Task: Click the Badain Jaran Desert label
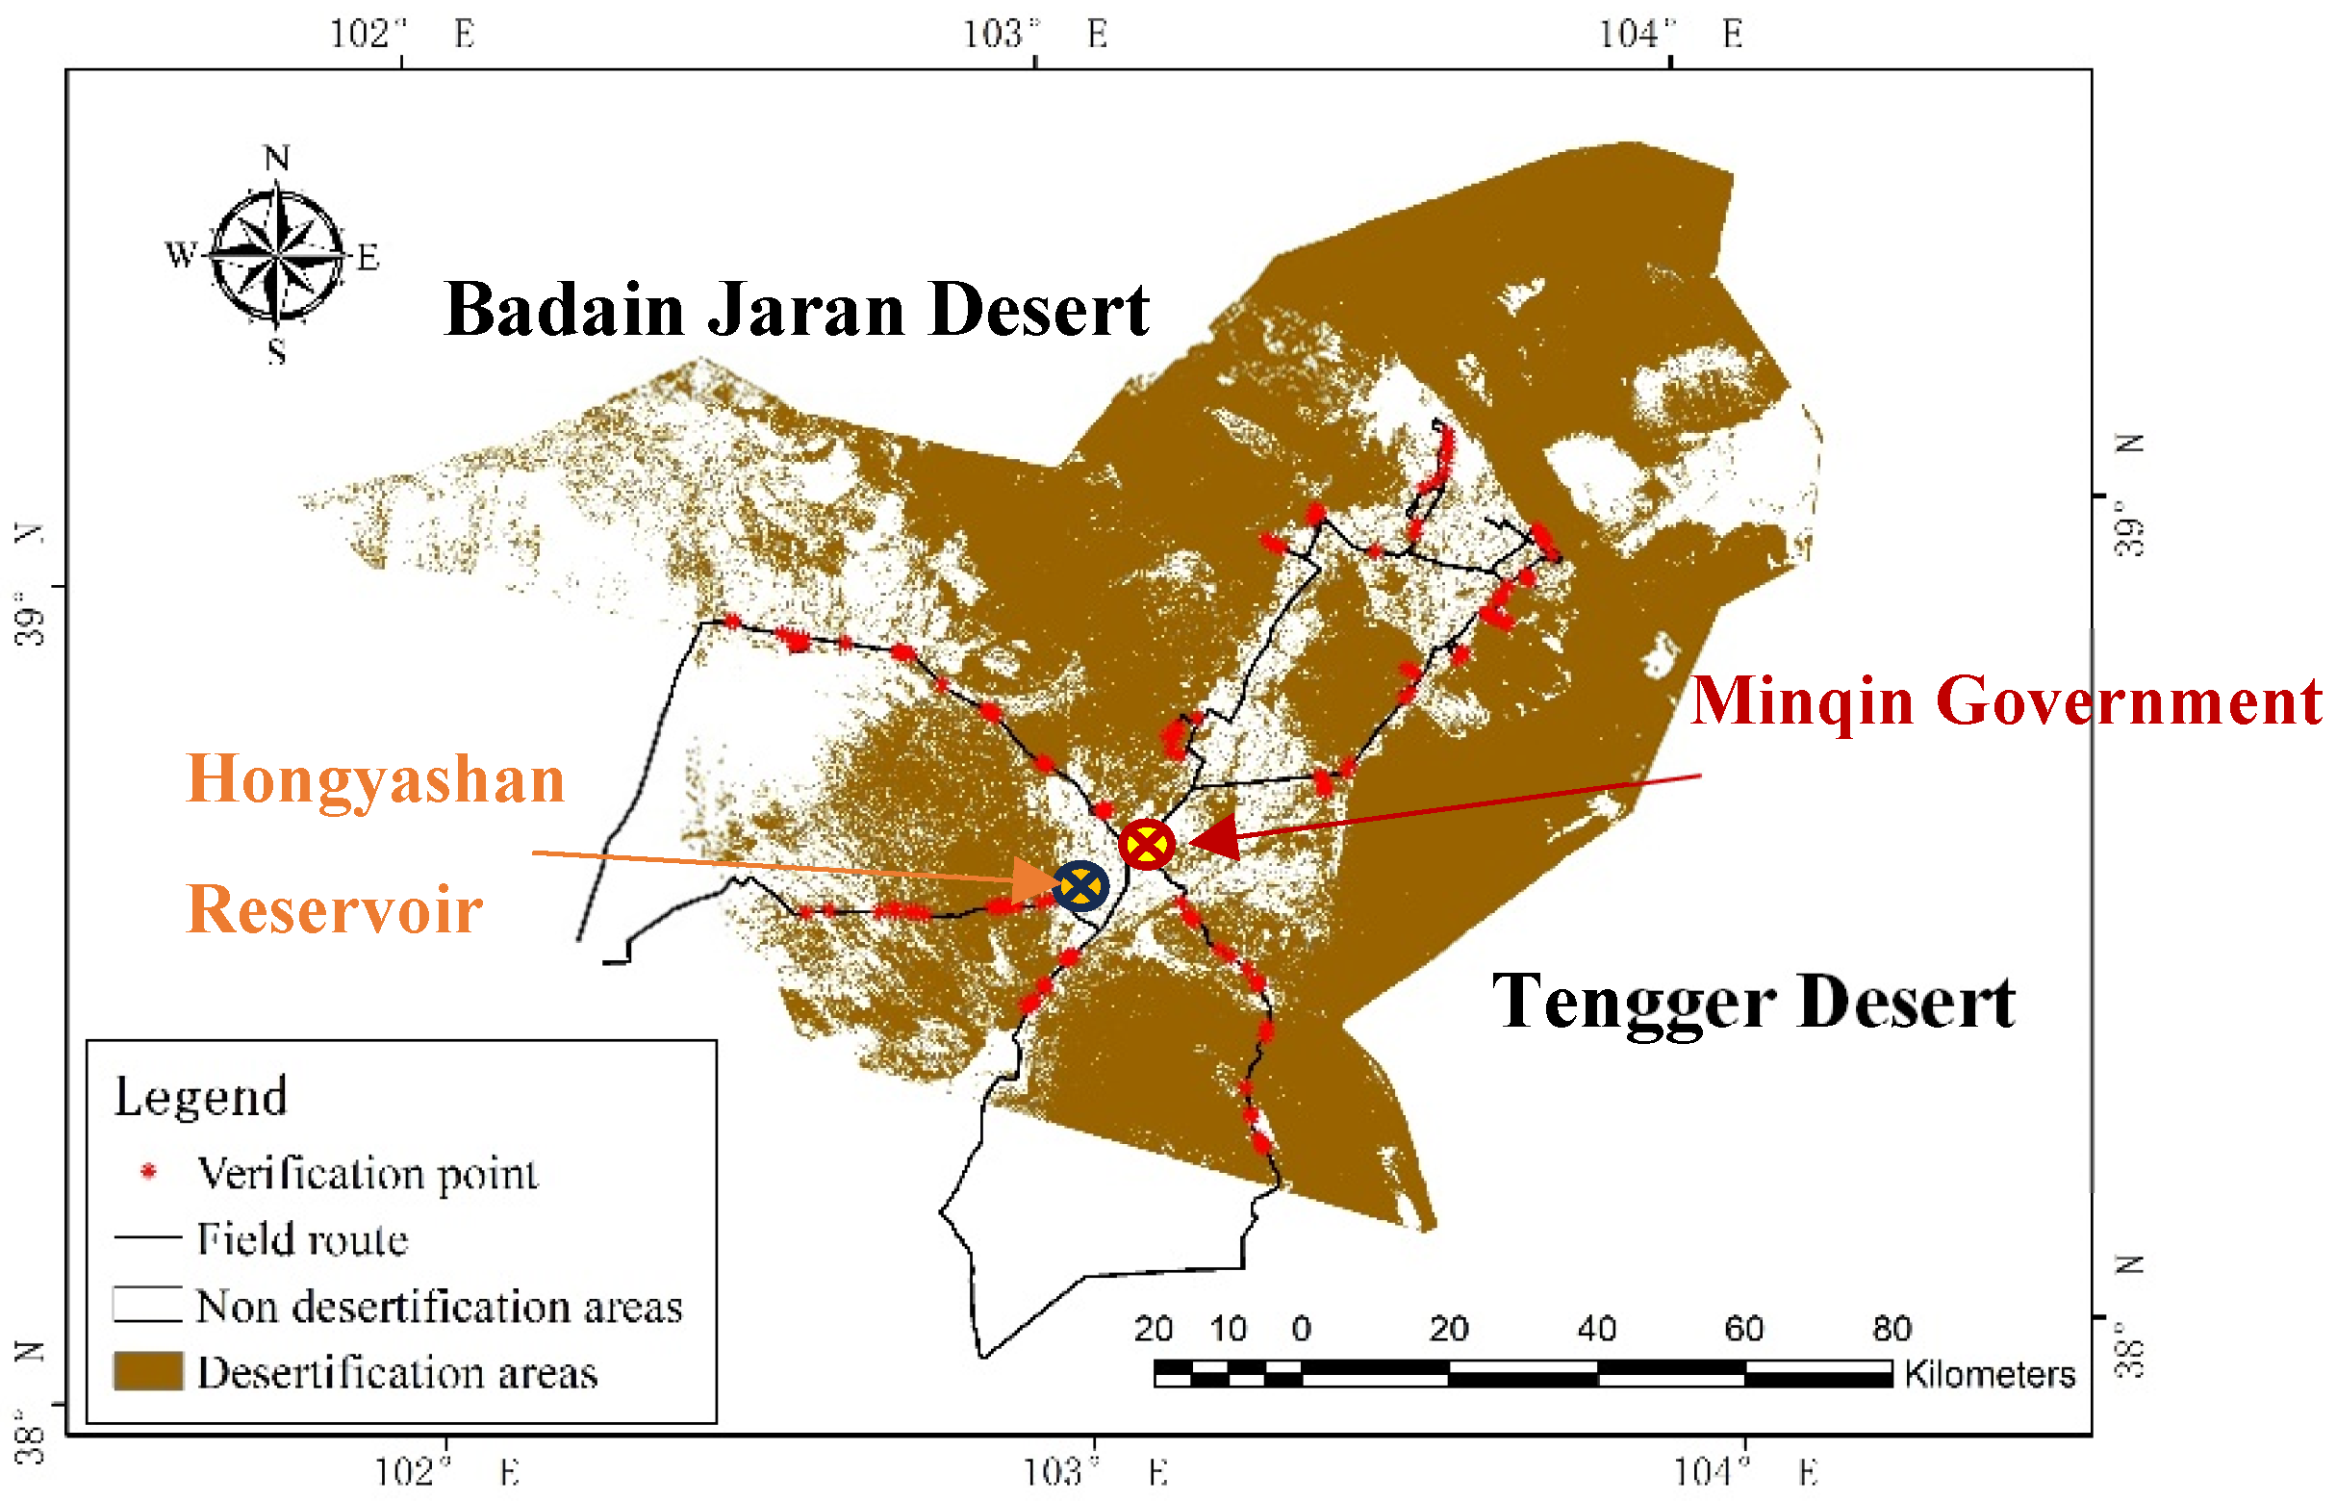pyautogui.click(x=797, y=310)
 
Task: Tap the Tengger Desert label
pyautogui.click(x=1753, y=1002)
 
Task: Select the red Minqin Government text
pyautogui.click(x=2006, y=701)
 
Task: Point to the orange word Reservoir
pyautogui.click(x=334, y=910)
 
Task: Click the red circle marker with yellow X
pyautogui.click(x=1146, y=844)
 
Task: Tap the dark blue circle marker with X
pyautogui.click(x=1080, y=886)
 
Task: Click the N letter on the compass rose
pyautogui.click(x=277, y=158)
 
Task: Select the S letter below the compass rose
pyautogui.click(x=277, y=351)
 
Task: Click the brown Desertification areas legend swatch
pyautogui.click(x=148, y=1370)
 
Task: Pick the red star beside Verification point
pyautogui.click(x=148, y=1171)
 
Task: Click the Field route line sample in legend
pyautogui.click(x=148, y=1236)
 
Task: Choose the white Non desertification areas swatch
pyautogui.click(x=148, y=1304)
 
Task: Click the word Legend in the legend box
pyautogui.click(x=201, y=1097)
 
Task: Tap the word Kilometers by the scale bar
pyautogui.click(x=1989, y=1373)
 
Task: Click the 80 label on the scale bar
pyautogui.click(x=1891, y=1329)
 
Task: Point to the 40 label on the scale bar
pyautogui.click(x=1596, y=1329)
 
